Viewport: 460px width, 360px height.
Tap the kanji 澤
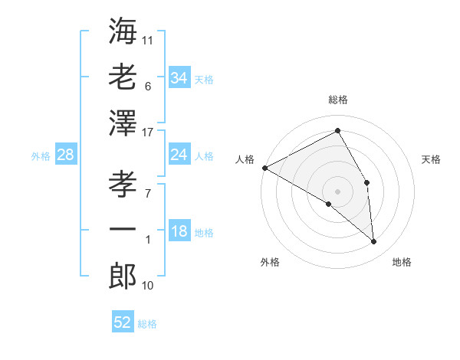coord(123,123)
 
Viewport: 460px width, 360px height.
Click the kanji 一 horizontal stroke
coord(123,229)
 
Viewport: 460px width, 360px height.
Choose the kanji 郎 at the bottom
coord(123,276)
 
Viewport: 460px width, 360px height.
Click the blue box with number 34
coord(179,78)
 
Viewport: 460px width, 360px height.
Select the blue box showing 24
coord(179,155)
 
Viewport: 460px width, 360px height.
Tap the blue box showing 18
coord(179,232)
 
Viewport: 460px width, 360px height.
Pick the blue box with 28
coord(66,155)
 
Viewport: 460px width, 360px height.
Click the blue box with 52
coord(123,322)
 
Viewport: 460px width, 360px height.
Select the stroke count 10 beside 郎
coord(148,286)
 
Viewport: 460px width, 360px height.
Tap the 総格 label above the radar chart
coord(337,100)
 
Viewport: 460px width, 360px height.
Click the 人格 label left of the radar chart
coord(245,159)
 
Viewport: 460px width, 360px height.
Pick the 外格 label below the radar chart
coord(270,262)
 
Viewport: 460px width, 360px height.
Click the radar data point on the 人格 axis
coord(264,168)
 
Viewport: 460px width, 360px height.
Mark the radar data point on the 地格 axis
coord(374,242)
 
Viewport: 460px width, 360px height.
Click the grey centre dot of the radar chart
coord(337,191)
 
